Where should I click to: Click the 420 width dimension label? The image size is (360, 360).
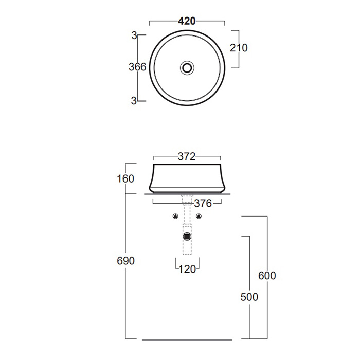187,21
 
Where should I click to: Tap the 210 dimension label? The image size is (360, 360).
239,48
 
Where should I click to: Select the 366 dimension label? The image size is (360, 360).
137,67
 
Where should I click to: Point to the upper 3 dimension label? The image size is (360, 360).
134,35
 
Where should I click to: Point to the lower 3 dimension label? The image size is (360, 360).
134,101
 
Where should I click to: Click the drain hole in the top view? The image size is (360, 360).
187,68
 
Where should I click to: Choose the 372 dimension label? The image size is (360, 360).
187,156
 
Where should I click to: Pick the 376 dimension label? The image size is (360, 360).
203,204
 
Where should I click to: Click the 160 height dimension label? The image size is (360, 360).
125,179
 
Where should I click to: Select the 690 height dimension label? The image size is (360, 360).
125,261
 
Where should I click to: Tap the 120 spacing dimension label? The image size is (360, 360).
187,269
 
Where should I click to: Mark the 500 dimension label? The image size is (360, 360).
249,297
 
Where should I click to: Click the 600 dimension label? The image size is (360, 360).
267,276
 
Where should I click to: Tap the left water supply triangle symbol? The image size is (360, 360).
175,216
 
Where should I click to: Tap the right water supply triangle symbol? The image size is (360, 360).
199,216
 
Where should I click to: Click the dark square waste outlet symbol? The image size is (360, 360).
187,236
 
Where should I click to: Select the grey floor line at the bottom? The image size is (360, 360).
187,340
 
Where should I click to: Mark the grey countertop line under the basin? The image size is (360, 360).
187,194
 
